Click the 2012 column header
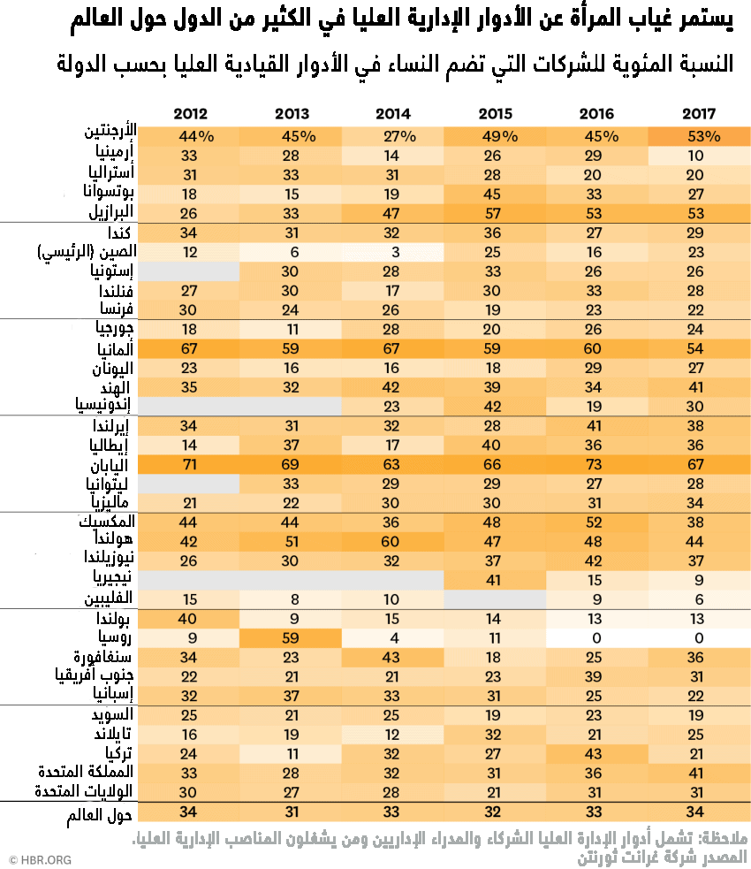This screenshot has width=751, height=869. (x=190, y=114)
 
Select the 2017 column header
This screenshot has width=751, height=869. (x=699, y=114)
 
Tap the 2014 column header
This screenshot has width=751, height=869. (x=393, y=114)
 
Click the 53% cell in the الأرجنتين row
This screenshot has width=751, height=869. (x=699, y=136)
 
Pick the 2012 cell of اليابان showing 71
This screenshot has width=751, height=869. (x=190, y=464)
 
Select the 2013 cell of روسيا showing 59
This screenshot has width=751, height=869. (x=292, y=637)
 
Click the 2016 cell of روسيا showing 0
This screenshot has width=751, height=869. (x=597, y=637)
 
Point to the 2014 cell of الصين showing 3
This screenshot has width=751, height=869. (x=393, y=253)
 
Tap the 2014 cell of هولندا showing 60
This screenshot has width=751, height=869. (x=393, y=541)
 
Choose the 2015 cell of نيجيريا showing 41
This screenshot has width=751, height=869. (x=495, y=580)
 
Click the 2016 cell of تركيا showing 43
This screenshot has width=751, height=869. (x=597, y=753)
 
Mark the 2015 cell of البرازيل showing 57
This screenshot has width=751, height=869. (x=495, y=213)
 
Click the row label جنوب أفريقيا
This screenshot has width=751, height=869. (x=92, y=675)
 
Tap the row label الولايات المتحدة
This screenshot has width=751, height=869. (x=85, y=791)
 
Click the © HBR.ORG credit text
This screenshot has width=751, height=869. (x=41, y=858)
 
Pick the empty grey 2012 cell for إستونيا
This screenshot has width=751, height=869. (x=190, y=271)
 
